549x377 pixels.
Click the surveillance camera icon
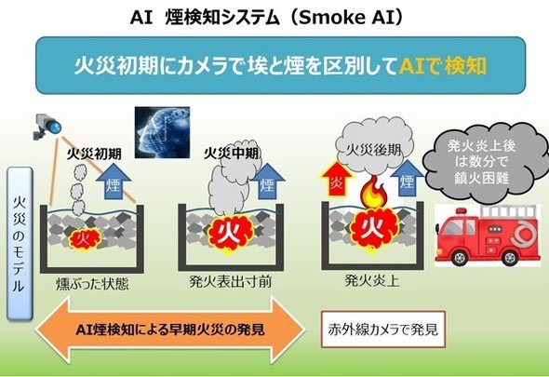point(47,127)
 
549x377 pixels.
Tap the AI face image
point(163,132)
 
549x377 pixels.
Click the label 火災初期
point(94,154)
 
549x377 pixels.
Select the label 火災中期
point(232,153)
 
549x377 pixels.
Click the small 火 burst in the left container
point(85,240)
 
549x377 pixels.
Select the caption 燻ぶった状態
point(92,284)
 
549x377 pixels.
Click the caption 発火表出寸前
point(231,282)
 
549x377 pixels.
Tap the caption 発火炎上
point(372,280)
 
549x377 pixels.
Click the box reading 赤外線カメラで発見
point(383,330)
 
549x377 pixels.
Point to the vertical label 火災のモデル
point(20,244)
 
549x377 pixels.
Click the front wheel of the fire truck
point(459,258)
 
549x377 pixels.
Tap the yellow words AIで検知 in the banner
point(443,65)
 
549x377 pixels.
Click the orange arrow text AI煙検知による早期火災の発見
point(170,330)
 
